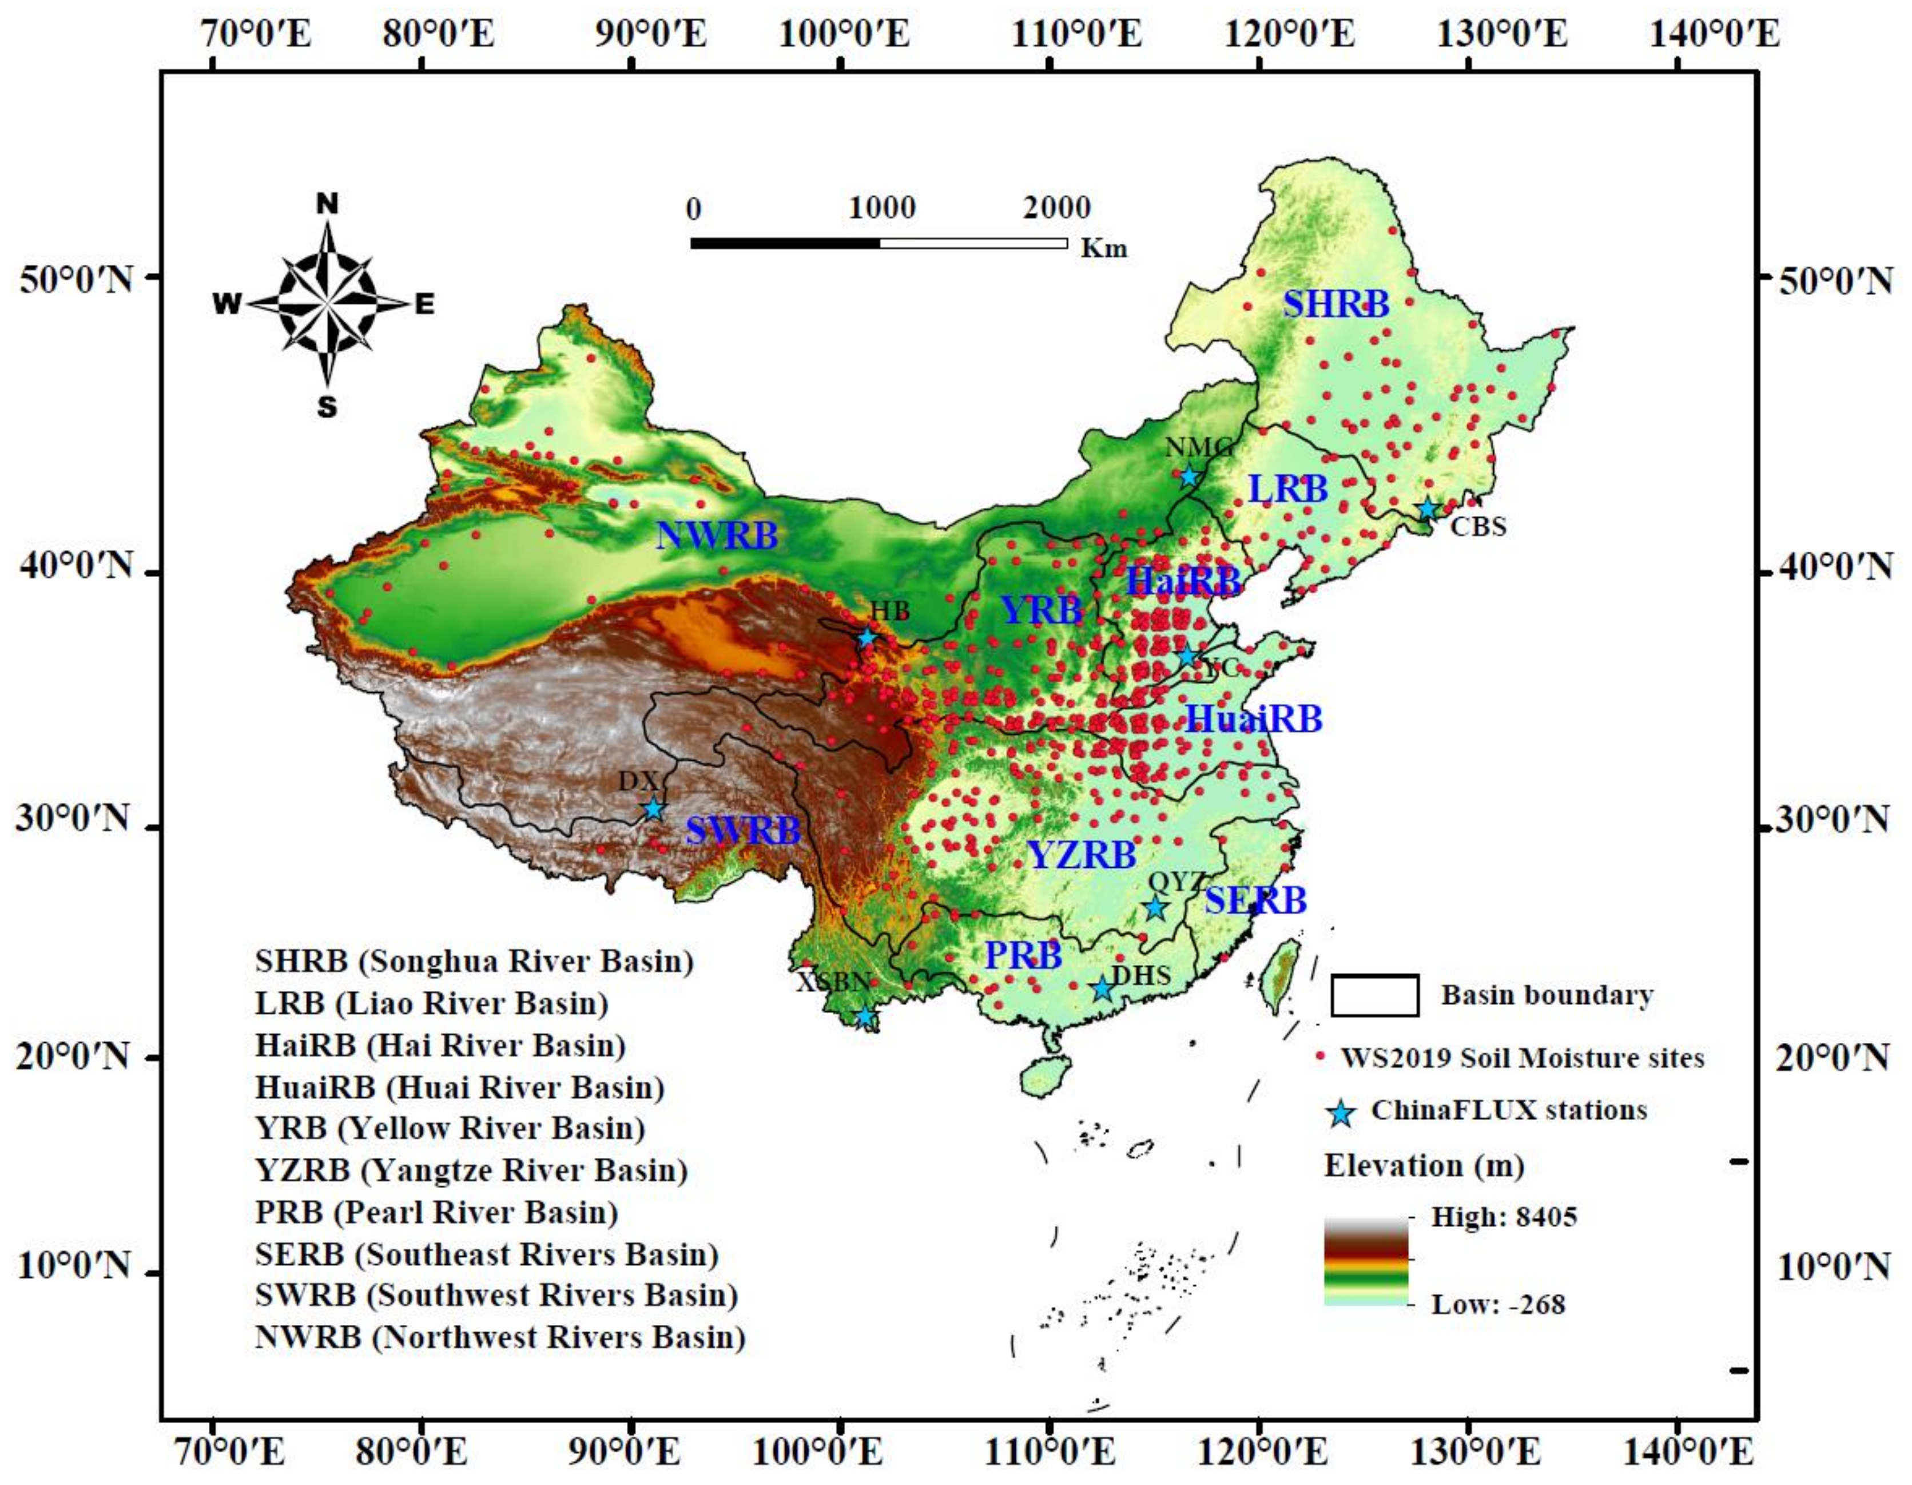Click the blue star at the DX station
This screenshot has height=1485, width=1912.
[x=653, y=809]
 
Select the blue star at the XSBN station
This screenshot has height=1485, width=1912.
[x=865, y=1017]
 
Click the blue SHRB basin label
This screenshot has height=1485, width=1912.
[x=1336, y=304]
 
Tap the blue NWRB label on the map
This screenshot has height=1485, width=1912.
[x=717, y=535]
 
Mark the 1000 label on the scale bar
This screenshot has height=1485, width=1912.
[x=881, y=208]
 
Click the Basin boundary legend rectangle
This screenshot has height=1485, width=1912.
[x=1374, y=995]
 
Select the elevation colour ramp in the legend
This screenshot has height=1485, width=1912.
[x=1366, y=1261]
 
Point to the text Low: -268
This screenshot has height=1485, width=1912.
[x=1498, y=1305]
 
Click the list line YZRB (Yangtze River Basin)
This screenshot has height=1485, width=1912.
[x=471, y=1170]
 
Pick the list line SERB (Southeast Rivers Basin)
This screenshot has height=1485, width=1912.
[x=487, y=1254]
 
